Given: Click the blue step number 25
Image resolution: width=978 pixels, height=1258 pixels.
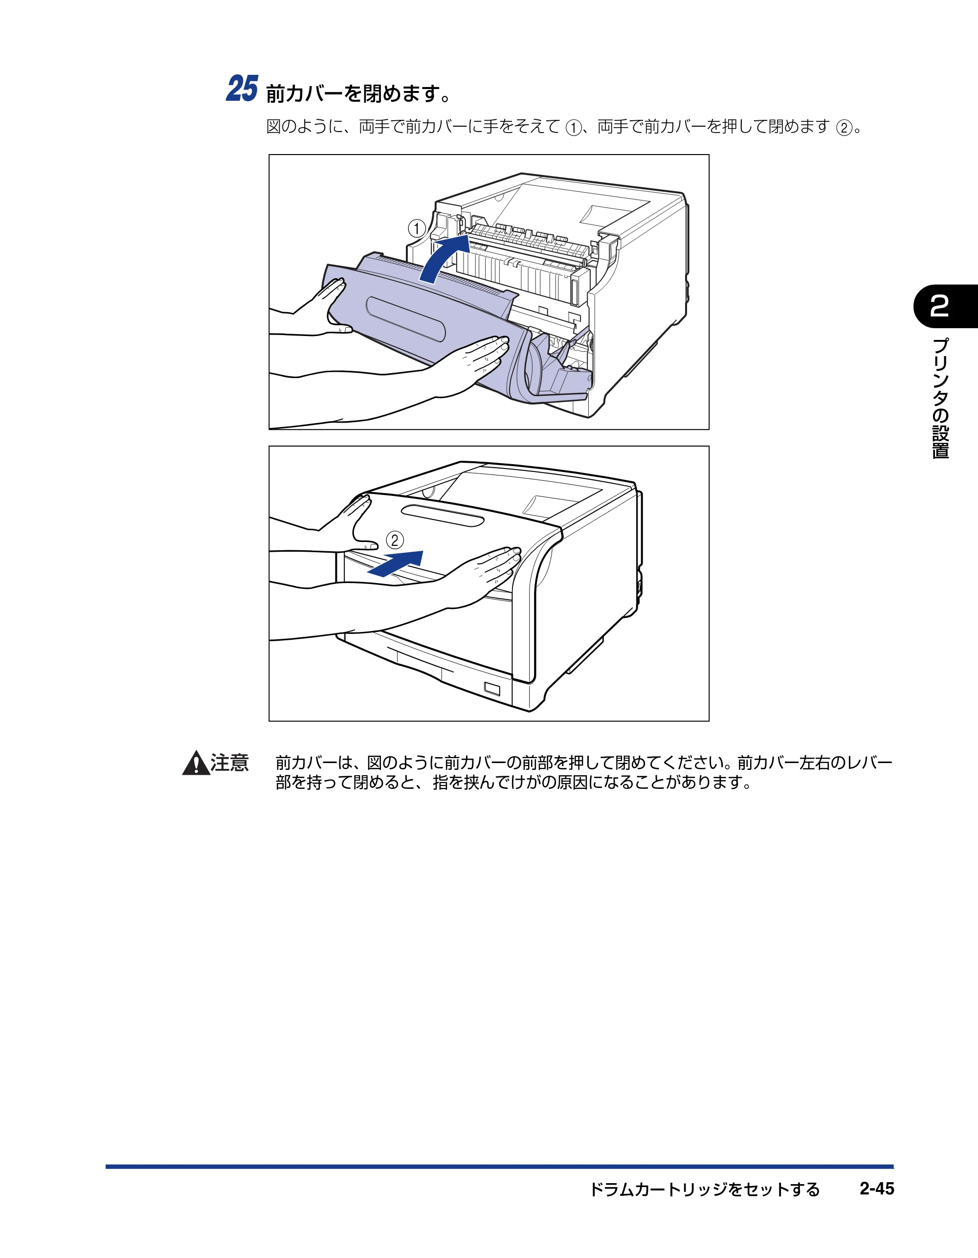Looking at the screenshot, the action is (x=242, y=89).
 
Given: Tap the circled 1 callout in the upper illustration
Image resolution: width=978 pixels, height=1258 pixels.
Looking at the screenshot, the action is (x=417, y=229).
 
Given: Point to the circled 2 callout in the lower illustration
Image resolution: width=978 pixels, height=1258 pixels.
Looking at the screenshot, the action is (x=395, y=540).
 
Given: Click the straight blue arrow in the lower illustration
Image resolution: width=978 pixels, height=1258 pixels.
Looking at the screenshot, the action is (x=396, y=563).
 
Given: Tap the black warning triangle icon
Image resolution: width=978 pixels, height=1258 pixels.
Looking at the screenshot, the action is (x=197, y=763).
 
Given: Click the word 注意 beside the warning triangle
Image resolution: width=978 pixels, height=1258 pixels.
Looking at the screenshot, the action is (x=230, y=763).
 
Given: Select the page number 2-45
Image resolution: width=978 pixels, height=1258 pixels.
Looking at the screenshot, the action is (x=877, y=1189).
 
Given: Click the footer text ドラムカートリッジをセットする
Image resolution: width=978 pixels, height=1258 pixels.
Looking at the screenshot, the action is (x=705, y=1190).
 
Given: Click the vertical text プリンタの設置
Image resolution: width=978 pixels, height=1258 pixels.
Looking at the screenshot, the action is (x=940, y=399).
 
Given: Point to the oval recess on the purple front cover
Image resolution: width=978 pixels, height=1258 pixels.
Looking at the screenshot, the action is (x=405, y=318).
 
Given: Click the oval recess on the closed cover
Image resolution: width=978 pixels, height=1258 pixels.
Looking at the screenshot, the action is (x=443, y=516).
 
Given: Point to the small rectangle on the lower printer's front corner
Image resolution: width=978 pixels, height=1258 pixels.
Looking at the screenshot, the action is (x=492, y=689).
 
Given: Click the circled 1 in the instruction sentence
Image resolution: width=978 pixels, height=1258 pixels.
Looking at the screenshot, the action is (x=573, y=127).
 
